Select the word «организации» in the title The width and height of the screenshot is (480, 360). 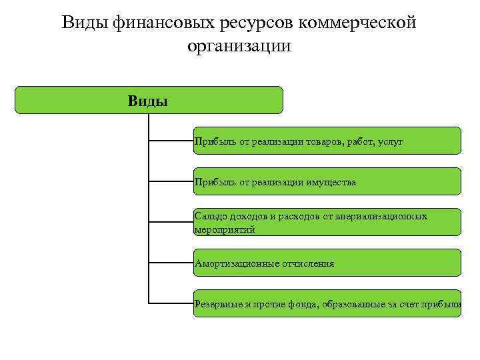239,47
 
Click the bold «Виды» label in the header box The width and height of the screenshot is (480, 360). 148,101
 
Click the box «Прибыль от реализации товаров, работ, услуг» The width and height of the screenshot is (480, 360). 327,141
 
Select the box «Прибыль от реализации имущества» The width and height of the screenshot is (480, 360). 327,181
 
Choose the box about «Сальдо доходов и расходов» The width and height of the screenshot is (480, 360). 327,222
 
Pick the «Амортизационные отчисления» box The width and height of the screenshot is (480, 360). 327,263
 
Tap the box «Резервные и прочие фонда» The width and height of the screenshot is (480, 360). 327,303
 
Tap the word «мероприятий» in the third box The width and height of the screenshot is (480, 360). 225,229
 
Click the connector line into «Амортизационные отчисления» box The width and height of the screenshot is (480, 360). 171,263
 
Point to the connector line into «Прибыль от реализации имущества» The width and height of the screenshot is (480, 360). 171,181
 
